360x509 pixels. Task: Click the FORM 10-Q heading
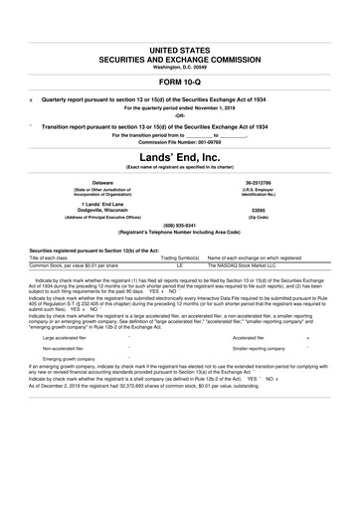[x=179, y=82]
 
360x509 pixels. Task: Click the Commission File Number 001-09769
[x=179, y=141]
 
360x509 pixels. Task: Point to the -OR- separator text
[x=179, y=115]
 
